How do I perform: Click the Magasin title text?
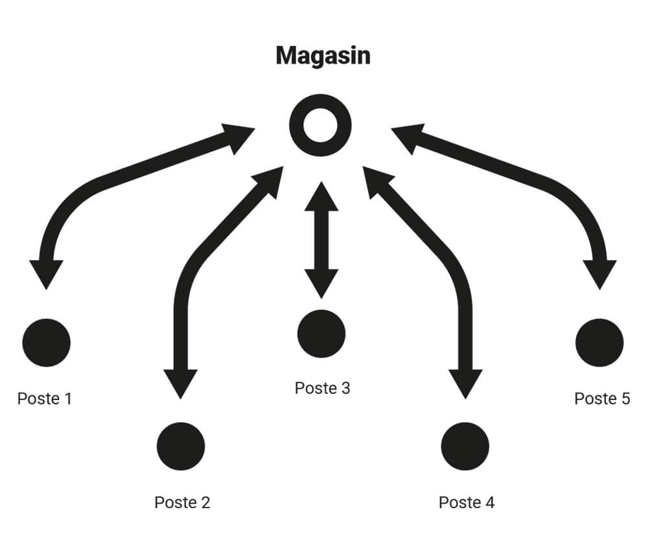(323, 56)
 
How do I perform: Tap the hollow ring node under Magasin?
(320, 125)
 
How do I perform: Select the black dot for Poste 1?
(46, 342)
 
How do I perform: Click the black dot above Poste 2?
(181, 446)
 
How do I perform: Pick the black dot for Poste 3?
(321, 333)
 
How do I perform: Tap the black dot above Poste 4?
(465, 446)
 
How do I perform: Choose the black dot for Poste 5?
(599, 342)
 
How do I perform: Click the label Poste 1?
(45, 398)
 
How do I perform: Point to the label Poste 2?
(182, 502)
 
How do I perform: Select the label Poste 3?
(322, 388)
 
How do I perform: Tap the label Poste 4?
(467, 502)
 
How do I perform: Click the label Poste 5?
(602, 398)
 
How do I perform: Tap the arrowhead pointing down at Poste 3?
(321, 283)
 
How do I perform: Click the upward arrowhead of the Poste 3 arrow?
(321, 197)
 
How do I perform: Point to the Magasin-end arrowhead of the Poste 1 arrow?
(238, 136)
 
